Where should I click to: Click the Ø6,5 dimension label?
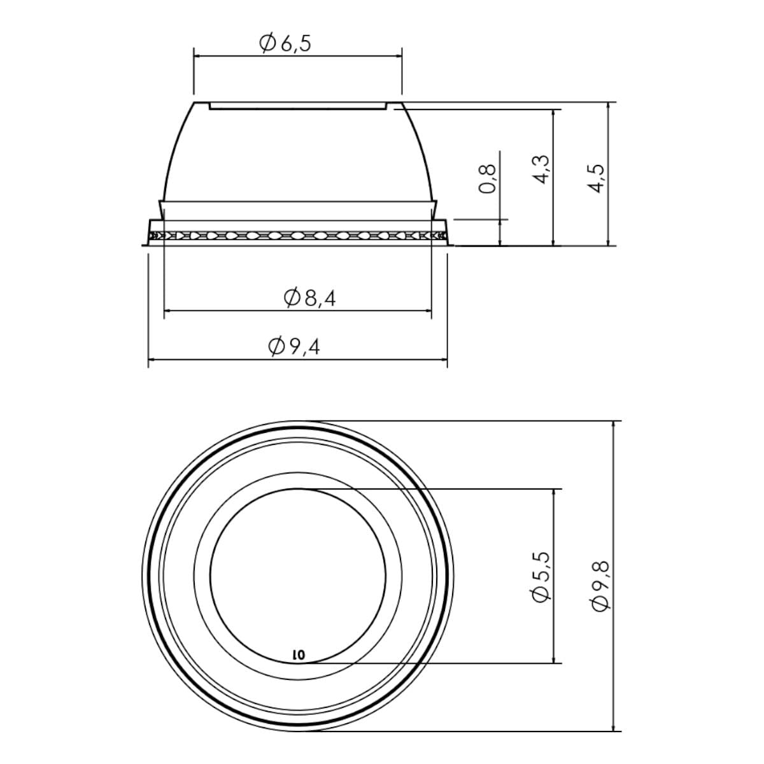[285, 43]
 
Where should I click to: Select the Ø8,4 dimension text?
[309, 298]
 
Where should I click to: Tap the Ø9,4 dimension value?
[294, 346]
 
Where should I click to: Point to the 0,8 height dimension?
[487, 178]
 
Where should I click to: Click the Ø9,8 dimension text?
[600, 585]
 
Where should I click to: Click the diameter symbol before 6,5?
[267, 43]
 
